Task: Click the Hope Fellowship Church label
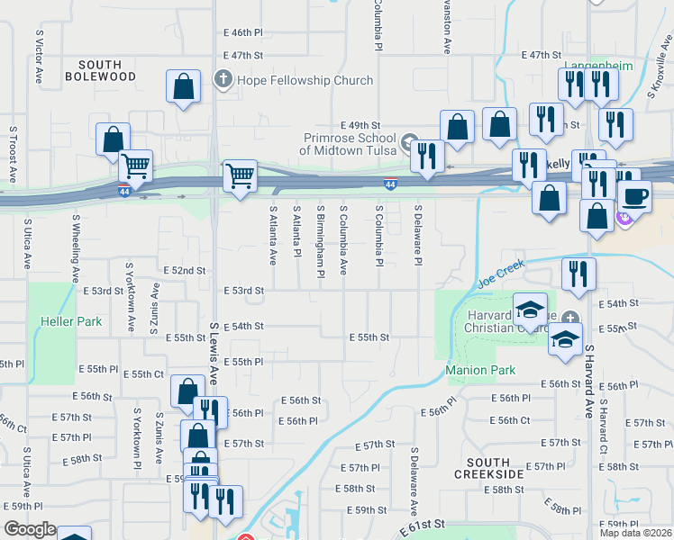[305, 80]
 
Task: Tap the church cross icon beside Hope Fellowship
[223, 80]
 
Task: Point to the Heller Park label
[71, 321]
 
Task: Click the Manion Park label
[480, 370]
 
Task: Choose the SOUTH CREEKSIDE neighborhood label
[488, 467]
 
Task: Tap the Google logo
[30, 529]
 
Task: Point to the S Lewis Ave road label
[214, 354]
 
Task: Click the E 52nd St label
[185, 270]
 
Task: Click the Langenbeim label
[599, 66]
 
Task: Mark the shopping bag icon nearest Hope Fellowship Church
[184, 87]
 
